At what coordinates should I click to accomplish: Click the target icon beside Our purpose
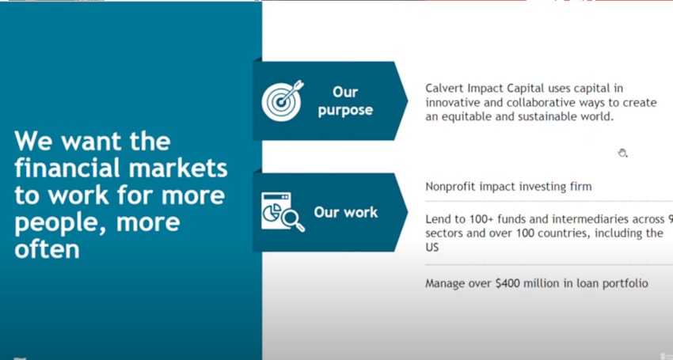[283, 100]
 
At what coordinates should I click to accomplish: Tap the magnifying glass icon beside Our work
[294, 221]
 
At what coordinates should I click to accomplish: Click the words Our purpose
[345, 100]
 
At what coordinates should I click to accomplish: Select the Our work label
[345, 212]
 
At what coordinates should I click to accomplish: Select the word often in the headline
[48, 249]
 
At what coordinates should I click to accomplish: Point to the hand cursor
[622, 153]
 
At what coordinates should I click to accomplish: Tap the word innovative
[449, 103]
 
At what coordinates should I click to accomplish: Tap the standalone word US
[432, 248]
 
